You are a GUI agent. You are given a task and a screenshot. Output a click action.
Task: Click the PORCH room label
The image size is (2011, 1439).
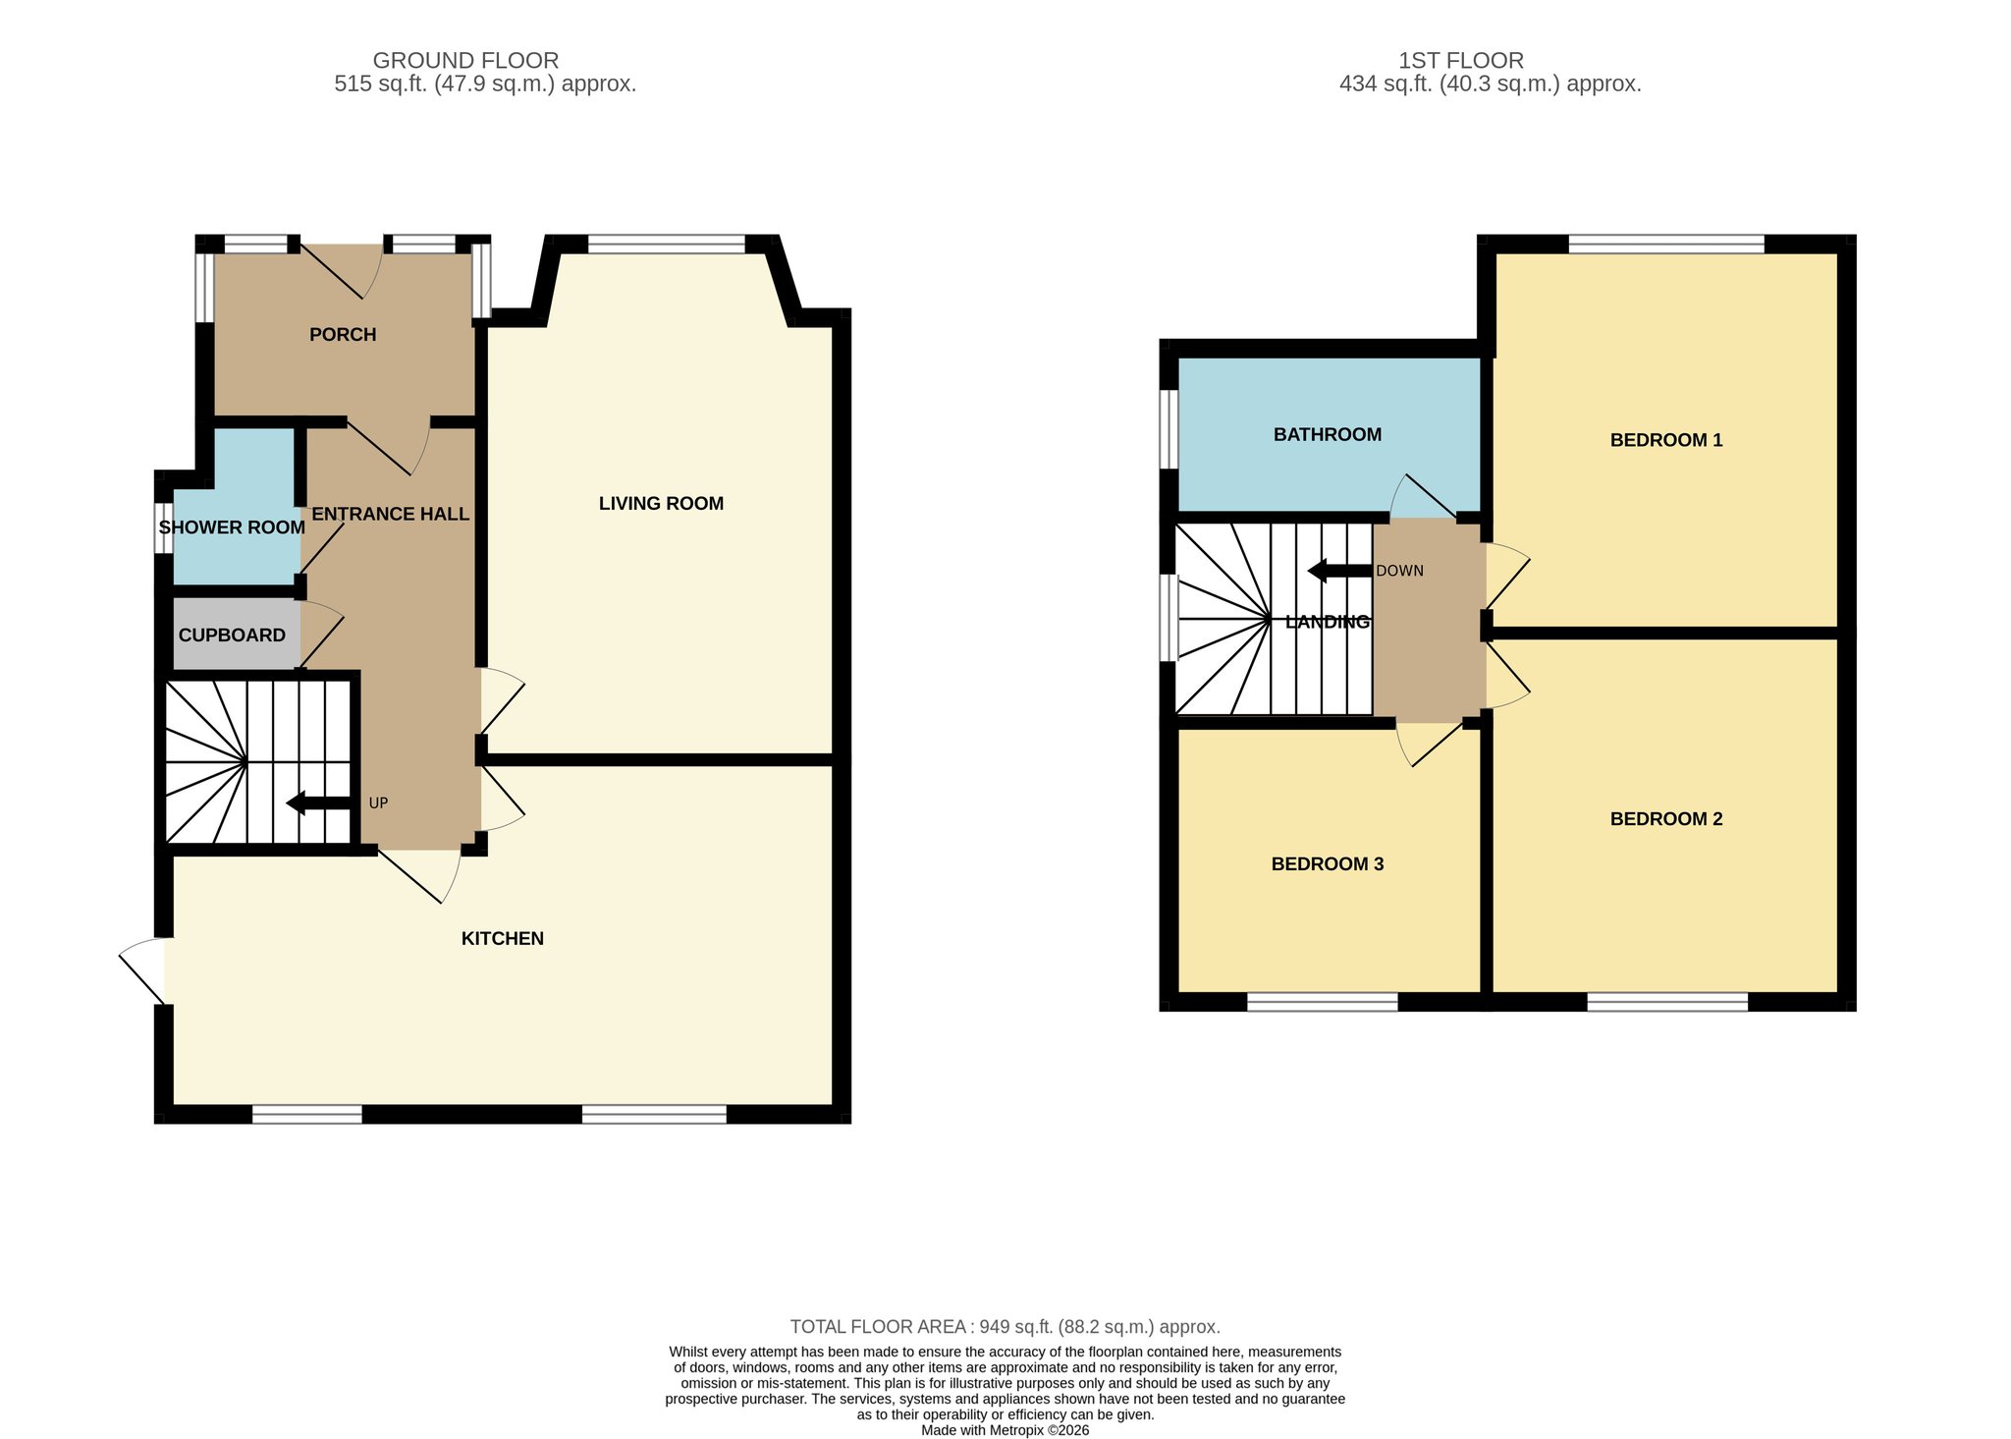point(343,335)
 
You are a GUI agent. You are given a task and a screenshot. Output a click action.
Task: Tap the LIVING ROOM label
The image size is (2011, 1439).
point(661,504)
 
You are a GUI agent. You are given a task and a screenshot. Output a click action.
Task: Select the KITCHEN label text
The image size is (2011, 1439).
point(503,939)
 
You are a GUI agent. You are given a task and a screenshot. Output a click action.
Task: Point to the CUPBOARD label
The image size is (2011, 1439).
point(232,636)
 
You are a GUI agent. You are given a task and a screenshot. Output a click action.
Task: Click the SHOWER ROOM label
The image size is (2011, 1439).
point(232,527)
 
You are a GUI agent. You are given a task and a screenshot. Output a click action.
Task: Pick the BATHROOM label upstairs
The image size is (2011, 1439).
point(1328,434)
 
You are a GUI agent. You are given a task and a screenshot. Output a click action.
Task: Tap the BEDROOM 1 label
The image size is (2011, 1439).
point(1666,440)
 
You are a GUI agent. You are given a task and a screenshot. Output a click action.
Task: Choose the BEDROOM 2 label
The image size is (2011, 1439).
point(1666,819)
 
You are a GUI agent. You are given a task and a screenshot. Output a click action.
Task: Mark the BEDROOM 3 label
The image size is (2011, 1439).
point(1328,864)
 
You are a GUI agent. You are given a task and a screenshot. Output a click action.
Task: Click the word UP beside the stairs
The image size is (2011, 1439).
point(378,803)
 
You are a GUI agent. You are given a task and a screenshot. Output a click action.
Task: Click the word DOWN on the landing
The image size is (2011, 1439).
point(1399,571)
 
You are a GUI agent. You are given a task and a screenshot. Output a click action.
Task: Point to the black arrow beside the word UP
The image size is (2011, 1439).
point(319,803)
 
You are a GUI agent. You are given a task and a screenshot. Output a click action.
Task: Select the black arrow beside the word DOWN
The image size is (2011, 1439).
point(1340,571)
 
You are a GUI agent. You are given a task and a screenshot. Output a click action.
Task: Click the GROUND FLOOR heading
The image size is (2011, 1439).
point(465,61)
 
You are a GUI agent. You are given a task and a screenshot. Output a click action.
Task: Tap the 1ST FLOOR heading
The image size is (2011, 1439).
point(1461,61)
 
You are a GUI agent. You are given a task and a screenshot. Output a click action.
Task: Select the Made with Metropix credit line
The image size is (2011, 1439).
point(1005,1430)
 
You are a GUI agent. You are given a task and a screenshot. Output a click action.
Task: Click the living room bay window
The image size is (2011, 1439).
point(667,245)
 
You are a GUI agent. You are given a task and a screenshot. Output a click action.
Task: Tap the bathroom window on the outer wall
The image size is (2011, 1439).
point(1169,430)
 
